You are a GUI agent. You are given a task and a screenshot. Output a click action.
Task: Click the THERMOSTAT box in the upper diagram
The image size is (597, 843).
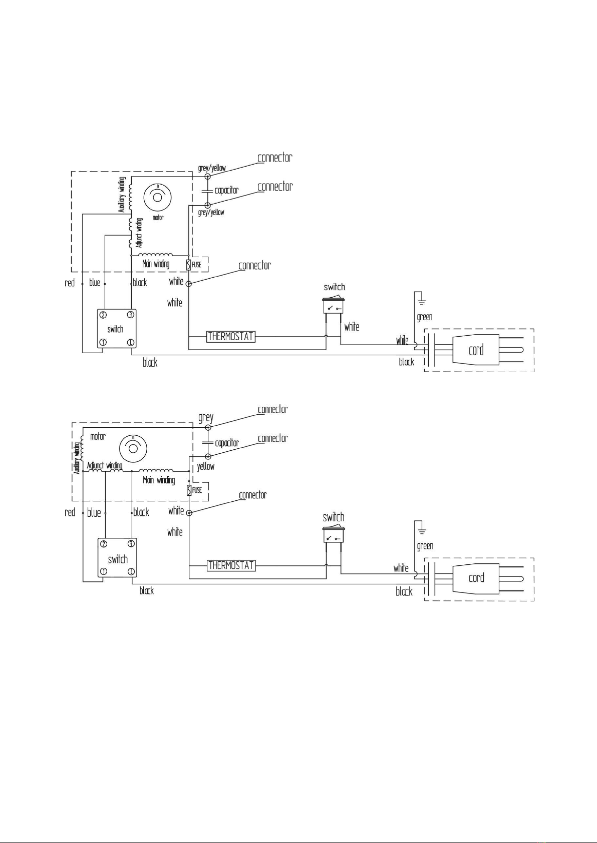point(231,336)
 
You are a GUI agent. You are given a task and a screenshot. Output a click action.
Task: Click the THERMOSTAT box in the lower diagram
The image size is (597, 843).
point(231,565)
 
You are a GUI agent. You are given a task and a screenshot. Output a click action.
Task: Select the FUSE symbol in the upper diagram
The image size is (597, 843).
point(189,265)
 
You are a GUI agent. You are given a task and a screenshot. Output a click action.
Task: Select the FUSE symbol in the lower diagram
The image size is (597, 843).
point(189,490)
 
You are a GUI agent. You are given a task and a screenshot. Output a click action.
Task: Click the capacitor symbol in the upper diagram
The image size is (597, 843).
point(207,191)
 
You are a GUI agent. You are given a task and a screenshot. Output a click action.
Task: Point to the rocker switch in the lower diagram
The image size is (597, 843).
point(334,535)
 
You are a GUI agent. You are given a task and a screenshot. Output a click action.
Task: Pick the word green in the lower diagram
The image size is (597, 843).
point(425,546)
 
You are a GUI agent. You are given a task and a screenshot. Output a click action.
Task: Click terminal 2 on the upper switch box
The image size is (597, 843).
point(103,315)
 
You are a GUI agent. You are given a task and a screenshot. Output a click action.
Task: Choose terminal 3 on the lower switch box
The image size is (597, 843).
point(131,543)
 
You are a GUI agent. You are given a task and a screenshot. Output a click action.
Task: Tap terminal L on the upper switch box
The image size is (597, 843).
point(130,343)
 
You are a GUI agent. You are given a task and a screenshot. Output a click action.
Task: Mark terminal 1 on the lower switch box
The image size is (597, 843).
point(103,571)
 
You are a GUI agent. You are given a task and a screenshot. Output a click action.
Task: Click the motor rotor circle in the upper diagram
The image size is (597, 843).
point(157,198)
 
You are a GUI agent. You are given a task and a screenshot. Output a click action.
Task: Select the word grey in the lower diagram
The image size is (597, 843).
point(206,418)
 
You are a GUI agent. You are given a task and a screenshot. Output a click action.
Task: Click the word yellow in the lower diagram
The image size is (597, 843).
point(206,467)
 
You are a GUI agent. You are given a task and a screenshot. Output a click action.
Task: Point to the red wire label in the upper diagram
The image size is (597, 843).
point(70,283)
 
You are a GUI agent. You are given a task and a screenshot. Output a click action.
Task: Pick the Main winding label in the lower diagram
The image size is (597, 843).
point(159,480)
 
